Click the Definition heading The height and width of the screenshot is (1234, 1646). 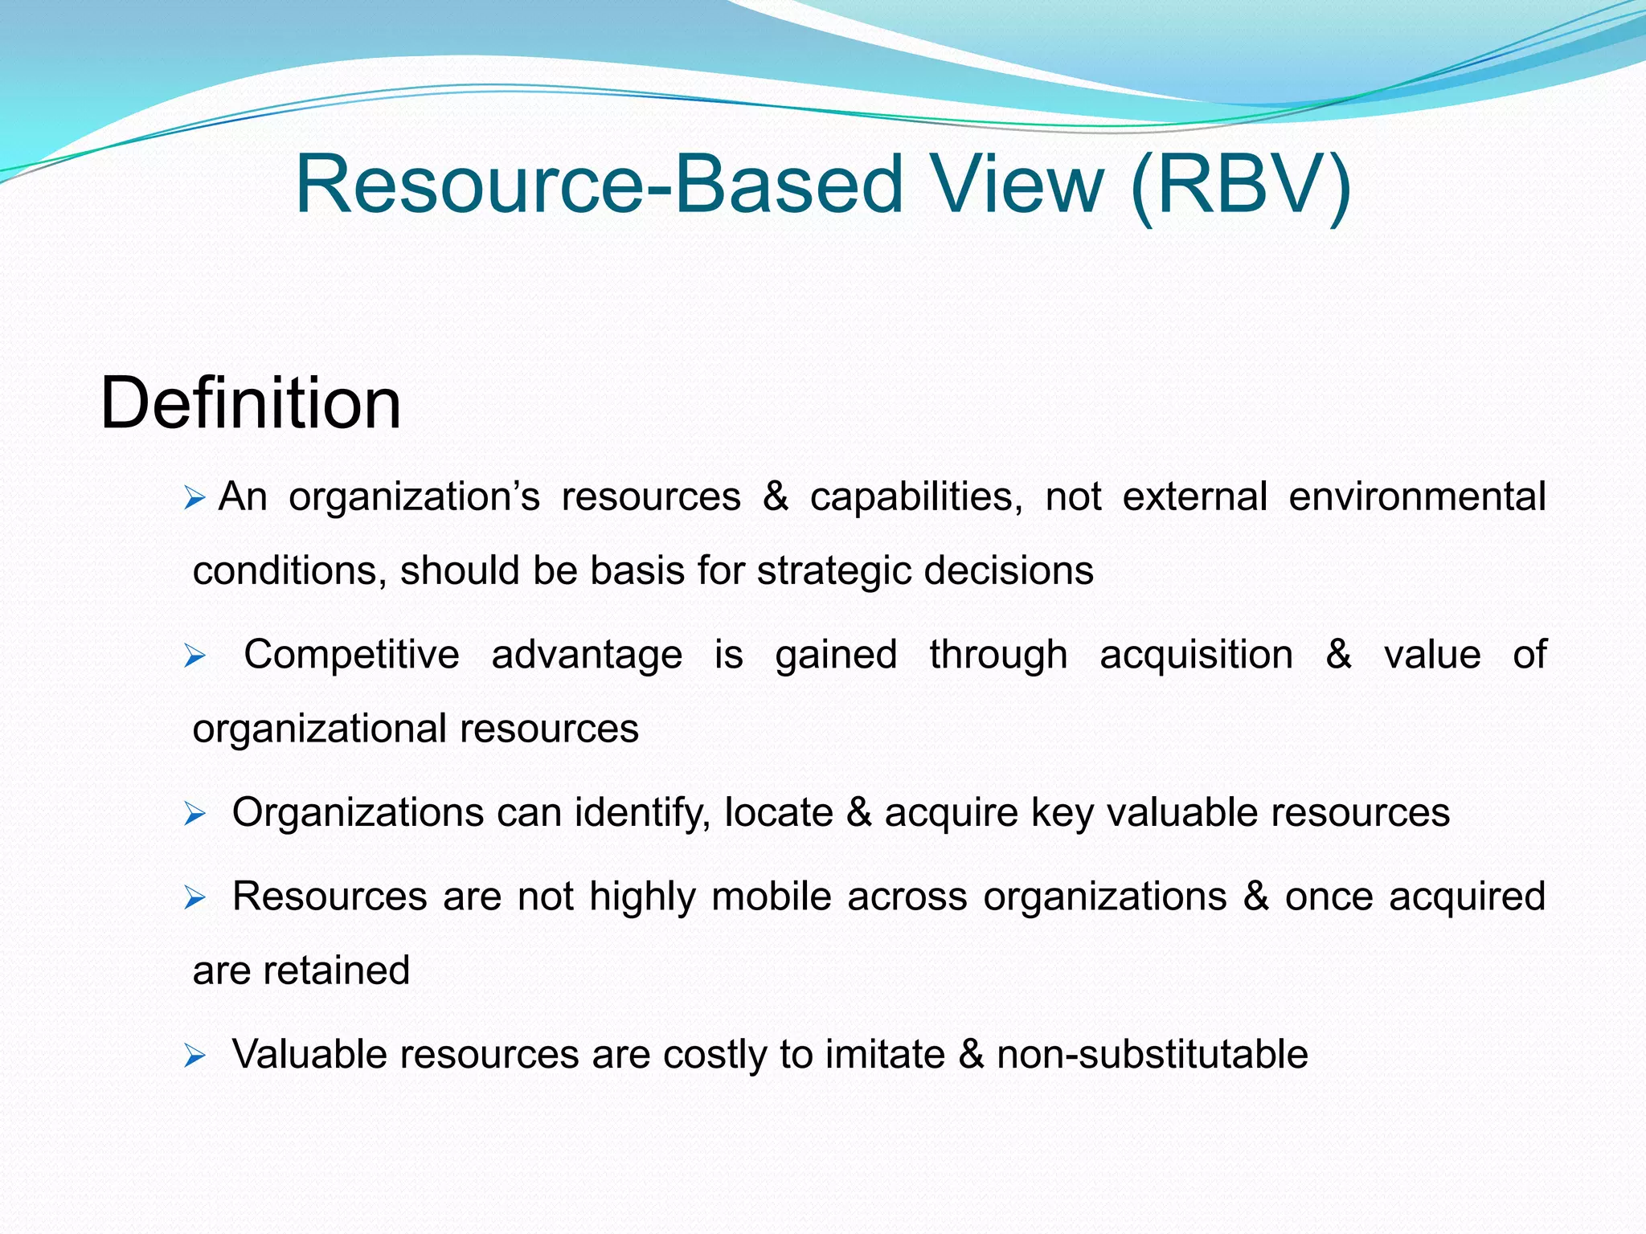click(x=250, y=403)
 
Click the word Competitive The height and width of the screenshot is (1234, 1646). click(x=351, y=655)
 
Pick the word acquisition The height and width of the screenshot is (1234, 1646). click(x=1196, y=655)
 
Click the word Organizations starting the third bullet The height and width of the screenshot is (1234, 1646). click(x=358, y=812)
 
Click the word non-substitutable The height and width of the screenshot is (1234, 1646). click(x=1152, y=1054)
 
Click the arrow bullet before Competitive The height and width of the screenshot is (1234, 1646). click(x=194, y=657)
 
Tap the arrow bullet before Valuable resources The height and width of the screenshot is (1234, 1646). click(x=194, y=1056)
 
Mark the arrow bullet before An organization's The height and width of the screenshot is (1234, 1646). click(x=194, y=499)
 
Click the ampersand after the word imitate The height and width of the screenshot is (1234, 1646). click(x=971, y=1054)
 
